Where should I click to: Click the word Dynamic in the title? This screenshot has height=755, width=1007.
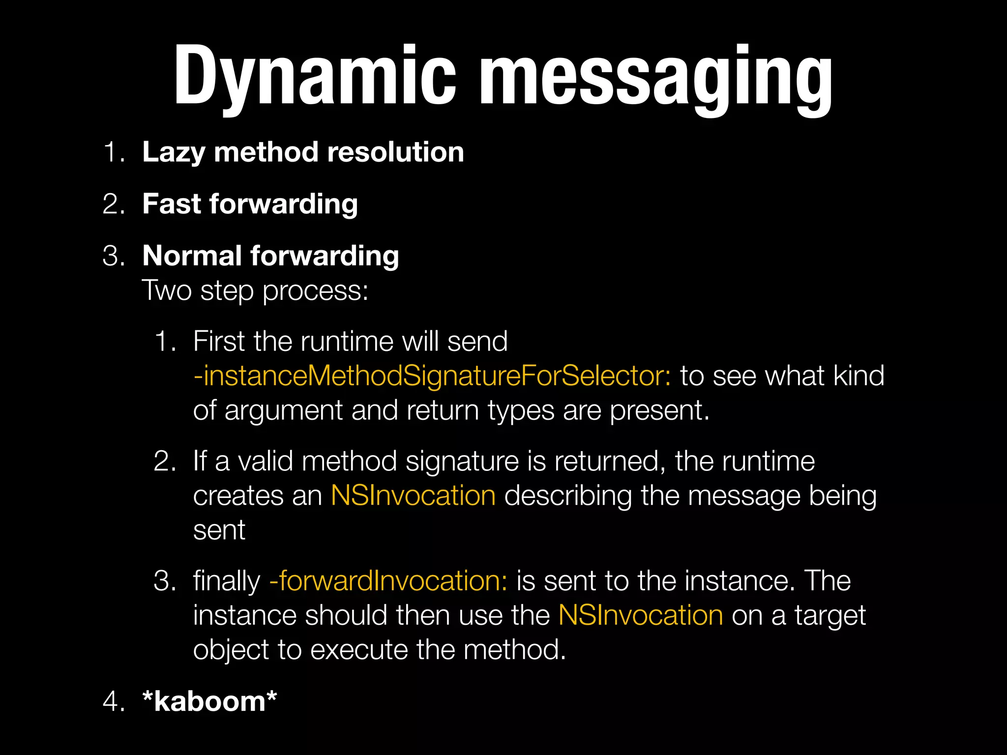click(315, 76)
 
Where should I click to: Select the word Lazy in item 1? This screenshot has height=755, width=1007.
click(173, 152)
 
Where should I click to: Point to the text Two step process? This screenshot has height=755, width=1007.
click(255, 290)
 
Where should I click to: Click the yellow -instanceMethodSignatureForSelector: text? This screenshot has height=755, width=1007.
click(432, 376)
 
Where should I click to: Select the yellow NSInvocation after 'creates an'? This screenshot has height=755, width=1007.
click(413, 495)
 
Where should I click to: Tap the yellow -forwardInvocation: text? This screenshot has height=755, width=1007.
click(388, 581)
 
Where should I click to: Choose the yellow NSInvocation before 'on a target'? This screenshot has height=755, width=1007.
click(641, 615)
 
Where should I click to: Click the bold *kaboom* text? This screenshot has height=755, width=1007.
click(209, 701)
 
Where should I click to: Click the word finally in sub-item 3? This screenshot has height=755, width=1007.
click(226, 581)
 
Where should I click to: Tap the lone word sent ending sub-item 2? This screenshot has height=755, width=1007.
click(219, 530)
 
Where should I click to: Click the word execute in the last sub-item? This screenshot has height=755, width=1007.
click(359, 650)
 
